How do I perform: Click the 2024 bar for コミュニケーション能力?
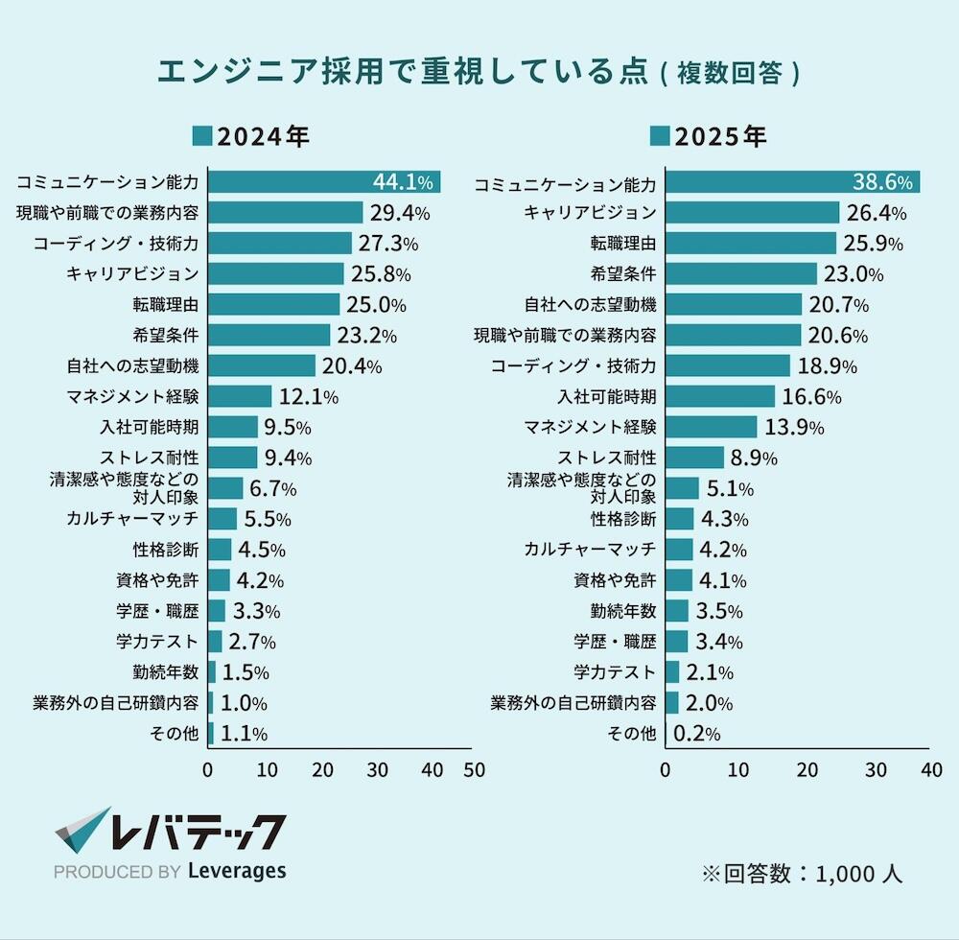288,182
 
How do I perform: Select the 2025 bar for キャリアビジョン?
752,212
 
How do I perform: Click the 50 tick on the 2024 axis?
474,769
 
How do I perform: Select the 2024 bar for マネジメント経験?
240,396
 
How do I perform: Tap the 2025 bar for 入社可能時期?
720,396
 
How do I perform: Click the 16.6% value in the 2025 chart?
812,397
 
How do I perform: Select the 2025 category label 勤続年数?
623,610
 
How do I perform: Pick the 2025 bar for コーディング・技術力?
728,365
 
